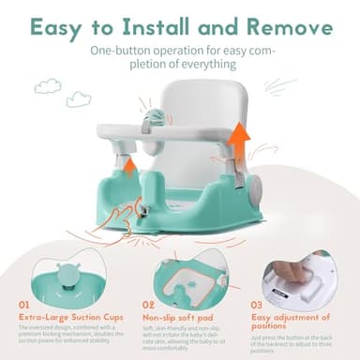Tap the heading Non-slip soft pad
(x=178, y=315)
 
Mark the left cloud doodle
(x=47, y=86)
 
